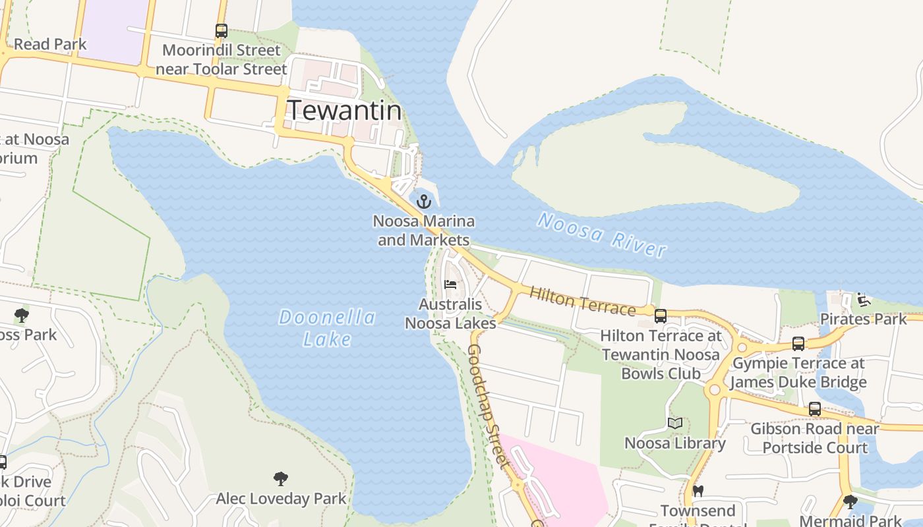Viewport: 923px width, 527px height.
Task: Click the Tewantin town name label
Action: [344, 110]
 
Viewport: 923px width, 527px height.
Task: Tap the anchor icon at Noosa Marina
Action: [424, 202]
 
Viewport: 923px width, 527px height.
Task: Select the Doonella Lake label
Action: [327, 328]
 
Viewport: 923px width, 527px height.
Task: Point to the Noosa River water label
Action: [601, 235]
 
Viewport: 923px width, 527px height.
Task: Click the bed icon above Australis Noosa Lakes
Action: [450, 285]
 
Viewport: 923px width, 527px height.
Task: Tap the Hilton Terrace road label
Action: [582, 301]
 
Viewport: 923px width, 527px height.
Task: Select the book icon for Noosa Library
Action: [674, 423]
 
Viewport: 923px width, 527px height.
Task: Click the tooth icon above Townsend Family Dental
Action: [698, 491]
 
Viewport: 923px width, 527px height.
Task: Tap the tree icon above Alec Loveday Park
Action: [281, 478]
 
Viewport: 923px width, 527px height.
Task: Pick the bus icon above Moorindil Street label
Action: [222, 30]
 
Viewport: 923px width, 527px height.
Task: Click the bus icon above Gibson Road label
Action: [815, 409]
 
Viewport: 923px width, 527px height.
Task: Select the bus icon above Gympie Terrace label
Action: [798, 343]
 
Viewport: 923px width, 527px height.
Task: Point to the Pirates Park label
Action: [863, 319]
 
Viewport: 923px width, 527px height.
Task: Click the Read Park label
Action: [50, 44]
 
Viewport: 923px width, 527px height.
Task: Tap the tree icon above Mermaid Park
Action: [850, 502]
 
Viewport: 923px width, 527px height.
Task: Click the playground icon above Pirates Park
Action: [863, 300]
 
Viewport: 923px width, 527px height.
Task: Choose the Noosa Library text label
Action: [674, 443]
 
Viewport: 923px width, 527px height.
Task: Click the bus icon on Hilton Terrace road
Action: [661, 316]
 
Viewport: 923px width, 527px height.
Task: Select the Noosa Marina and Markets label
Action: [424, 231]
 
